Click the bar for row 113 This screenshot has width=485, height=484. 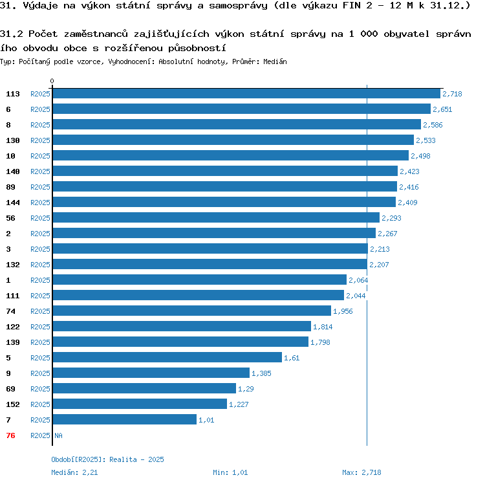246,94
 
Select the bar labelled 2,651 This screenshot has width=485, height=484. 241,109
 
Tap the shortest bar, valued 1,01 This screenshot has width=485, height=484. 124,420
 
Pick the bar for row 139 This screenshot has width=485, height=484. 180,342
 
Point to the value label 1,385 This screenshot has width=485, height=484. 261,373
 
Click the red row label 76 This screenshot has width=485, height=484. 10,435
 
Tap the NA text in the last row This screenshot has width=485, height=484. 58,435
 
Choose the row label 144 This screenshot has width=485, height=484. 13,203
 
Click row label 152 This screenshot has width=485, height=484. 13,404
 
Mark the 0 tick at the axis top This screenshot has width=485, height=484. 52,82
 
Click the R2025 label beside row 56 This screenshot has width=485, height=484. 40,218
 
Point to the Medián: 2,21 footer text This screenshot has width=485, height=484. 74,472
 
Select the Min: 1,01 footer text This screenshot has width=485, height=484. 230,472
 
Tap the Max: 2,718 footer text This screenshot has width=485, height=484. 362,472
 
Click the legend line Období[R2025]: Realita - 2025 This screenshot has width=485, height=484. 107,459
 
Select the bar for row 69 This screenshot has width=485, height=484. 144,389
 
